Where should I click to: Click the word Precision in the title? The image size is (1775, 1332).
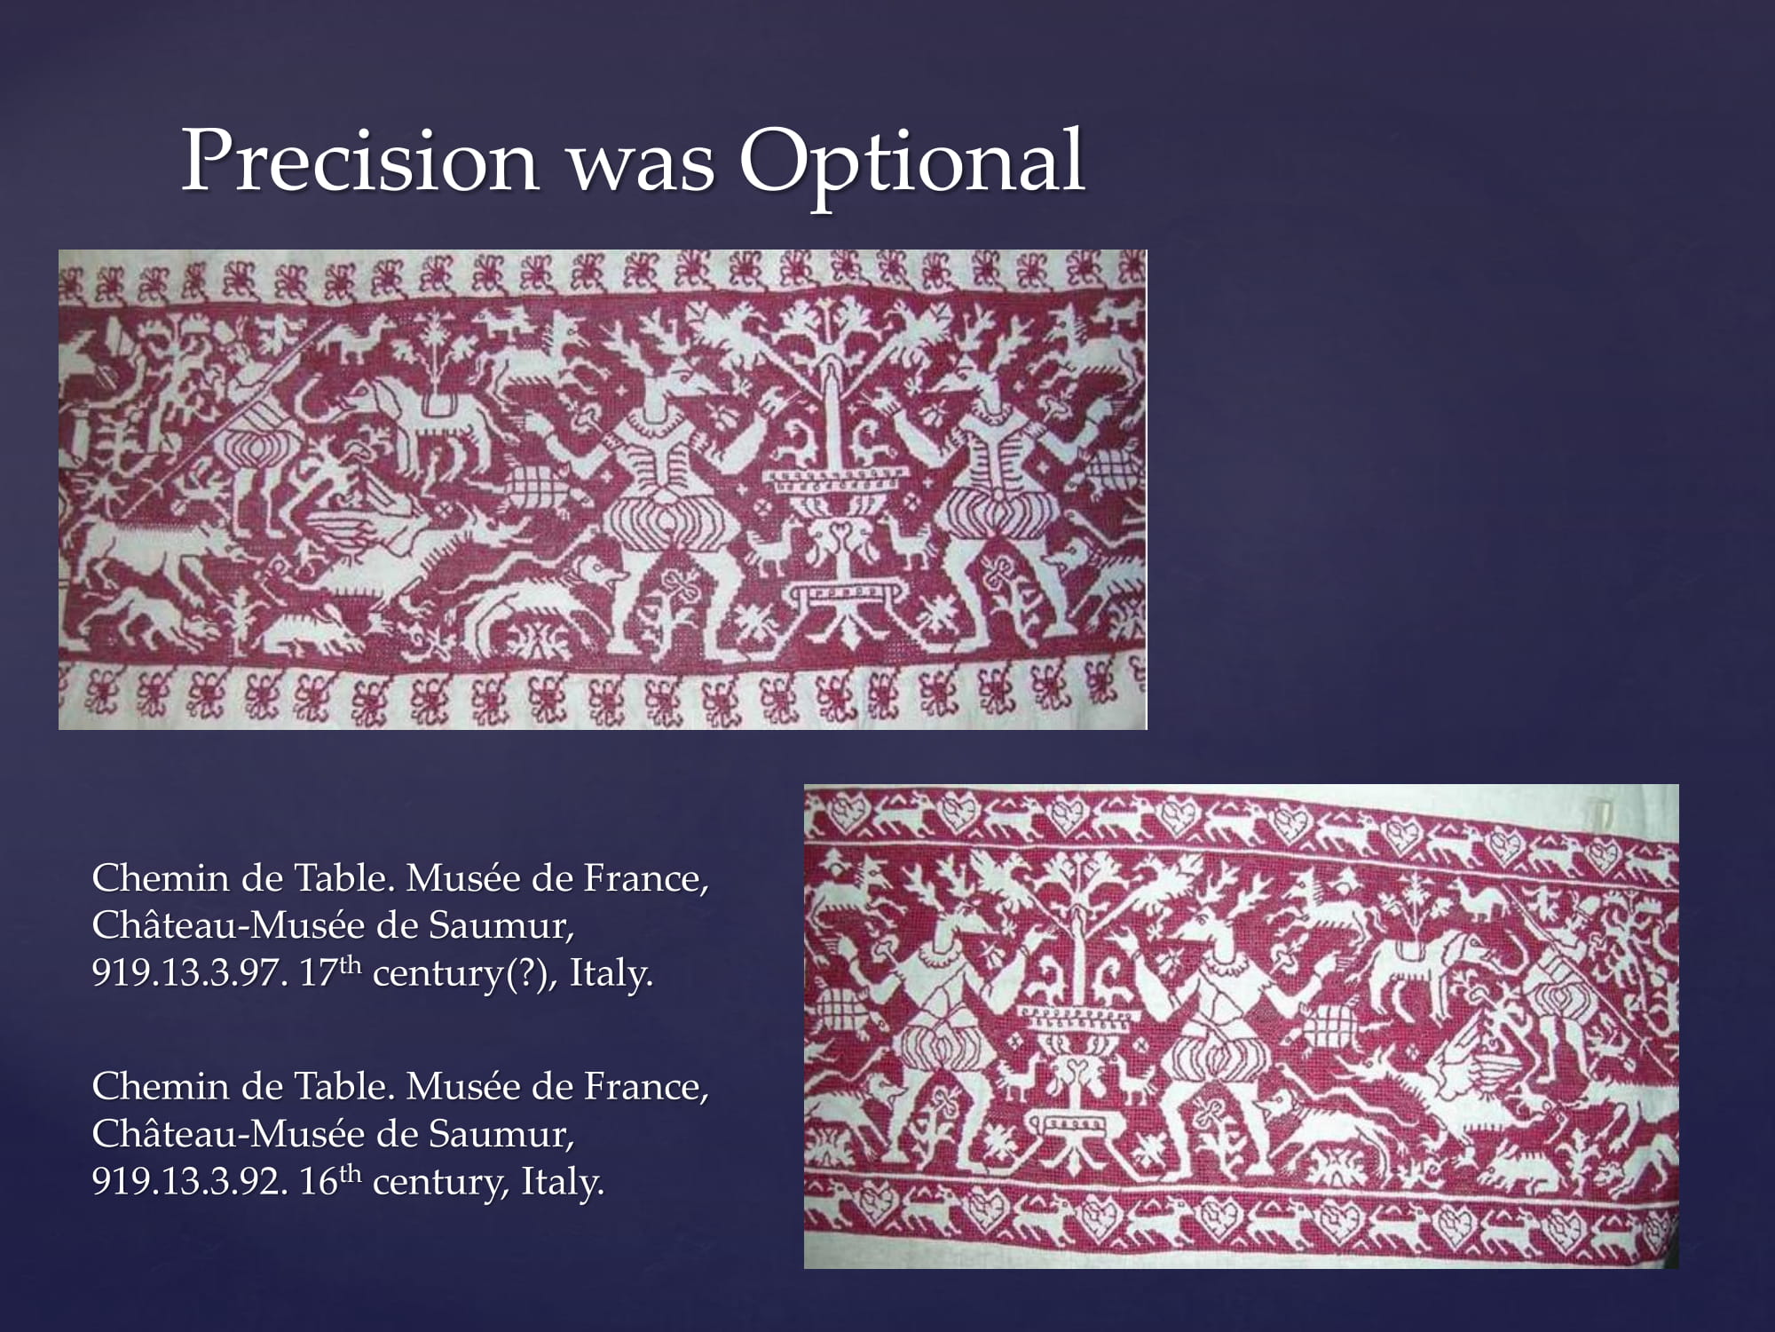[x=359, y=160]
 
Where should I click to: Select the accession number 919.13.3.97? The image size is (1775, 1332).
[x=189, y=974]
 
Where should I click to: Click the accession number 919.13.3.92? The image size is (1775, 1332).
[x=189, y=1182]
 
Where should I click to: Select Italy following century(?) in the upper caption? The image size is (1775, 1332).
[x=611, y=974]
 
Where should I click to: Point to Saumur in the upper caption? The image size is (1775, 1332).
[x=501, y=926]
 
